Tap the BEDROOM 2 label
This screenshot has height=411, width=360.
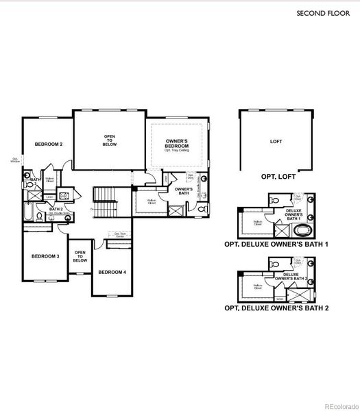coord(49,145)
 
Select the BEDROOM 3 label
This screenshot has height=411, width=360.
coord(45,256)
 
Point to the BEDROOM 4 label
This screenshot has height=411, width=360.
coord(112,272)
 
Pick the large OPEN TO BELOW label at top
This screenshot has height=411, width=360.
coord(110,140)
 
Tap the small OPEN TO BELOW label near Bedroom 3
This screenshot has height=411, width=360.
coord(80,256)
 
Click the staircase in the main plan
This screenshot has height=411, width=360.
coord(106,202)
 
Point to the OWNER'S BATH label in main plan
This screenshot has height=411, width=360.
coord(182,191)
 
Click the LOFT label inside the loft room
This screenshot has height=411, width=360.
coord(276,142)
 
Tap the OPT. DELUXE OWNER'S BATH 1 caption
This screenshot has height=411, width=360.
coord(276,244)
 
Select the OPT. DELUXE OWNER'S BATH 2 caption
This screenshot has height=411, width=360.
coord(276,308)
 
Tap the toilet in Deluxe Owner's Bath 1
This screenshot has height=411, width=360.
coord(274,200)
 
